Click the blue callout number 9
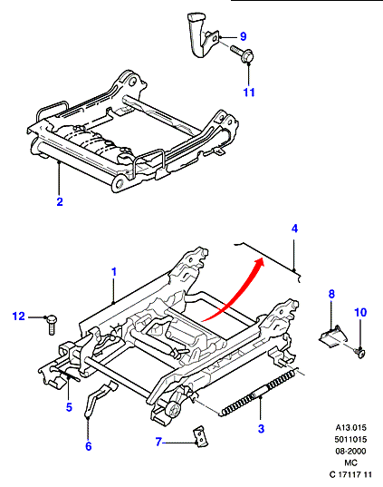click(x=244, y=36)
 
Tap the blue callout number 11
click(x=249, y=93)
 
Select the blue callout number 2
click(x=60, y=201)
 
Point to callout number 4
click(x=294, y=229)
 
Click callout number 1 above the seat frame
click(x=114, y=272)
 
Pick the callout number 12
click(x=19, y=317)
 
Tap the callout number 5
click(x=69, y=407)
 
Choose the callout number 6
click(x=89, y=446)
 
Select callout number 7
click(x=158, y=442)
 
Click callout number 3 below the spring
click(x=261, y=429)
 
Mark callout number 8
click(x=331, y=294)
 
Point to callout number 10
click(x=360, y=312)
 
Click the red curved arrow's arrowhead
click(x=258, y=263)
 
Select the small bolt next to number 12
click(x=52, y=326)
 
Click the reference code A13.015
click(x=350, y=428)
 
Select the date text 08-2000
click(x=350, y=451)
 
